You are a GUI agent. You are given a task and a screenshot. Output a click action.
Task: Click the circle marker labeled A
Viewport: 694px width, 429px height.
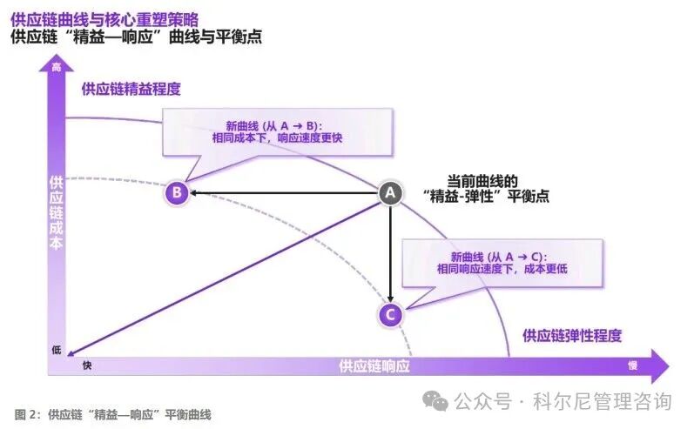click(x=390, y=192)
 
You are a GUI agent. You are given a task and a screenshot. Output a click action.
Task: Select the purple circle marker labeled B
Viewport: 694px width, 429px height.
click(x=176, y=192)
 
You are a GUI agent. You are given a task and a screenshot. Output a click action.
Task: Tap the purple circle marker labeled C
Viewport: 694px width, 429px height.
click(x=390, y=314)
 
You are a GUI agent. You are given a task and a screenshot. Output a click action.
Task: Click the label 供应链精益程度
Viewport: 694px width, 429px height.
click(x=131, y=89)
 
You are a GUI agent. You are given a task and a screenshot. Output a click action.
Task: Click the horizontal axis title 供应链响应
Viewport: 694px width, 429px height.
click(x=374, y=365)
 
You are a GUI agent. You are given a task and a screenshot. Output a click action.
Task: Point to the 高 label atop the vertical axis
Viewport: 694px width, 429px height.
click(x=57, y=68)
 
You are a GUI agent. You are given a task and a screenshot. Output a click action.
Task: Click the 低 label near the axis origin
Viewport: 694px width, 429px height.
click(x=57, y=350)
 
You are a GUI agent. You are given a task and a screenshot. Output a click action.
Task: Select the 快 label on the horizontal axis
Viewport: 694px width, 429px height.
click(x=87, y=365)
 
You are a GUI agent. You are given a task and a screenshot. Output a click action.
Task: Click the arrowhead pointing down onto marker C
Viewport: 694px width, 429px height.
click(x=390, y=298)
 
